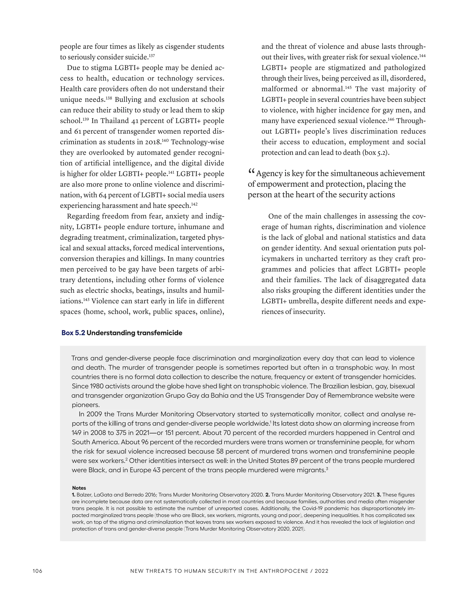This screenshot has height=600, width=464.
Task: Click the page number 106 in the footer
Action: coord(37,571)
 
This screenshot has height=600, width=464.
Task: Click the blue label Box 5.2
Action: coord(73,333)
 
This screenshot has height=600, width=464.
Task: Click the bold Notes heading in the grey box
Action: coord(79,488)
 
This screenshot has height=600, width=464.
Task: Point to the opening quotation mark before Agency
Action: coord(251,172)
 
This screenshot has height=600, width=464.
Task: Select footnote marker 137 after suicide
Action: coord(152,56)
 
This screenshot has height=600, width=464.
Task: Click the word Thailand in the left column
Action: coord(115,121)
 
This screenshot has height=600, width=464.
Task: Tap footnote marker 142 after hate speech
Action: coord(194,204)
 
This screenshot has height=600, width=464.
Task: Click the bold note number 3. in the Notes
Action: coord(379,495)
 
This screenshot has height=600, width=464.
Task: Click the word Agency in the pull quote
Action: coord(269,174)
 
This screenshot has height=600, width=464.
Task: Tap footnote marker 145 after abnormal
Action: coord(348,88)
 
